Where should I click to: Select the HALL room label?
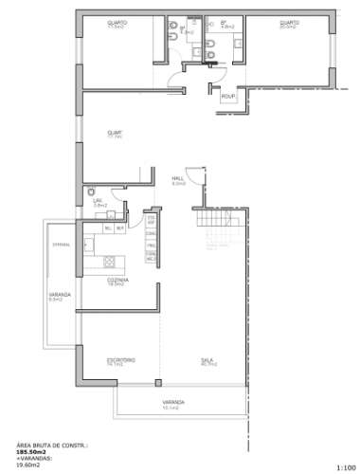coord(177,179)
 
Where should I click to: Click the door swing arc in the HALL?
coord(192,176)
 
